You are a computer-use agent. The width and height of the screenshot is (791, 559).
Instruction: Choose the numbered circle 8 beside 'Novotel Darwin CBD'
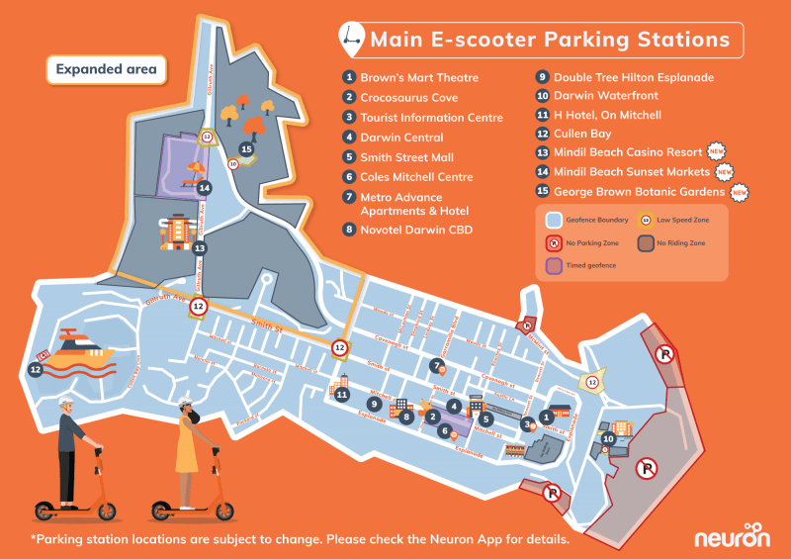[349, 230]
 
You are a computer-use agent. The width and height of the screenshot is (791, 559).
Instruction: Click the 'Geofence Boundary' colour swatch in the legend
[554, 221]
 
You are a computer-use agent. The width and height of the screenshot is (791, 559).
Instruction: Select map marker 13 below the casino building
[199, 248]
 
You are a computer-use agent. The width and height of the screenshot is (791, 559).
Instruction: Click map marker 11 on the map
[341, 395]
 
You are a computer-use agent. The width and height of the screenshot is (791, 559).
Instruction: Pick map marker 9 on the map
[375, 404]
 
